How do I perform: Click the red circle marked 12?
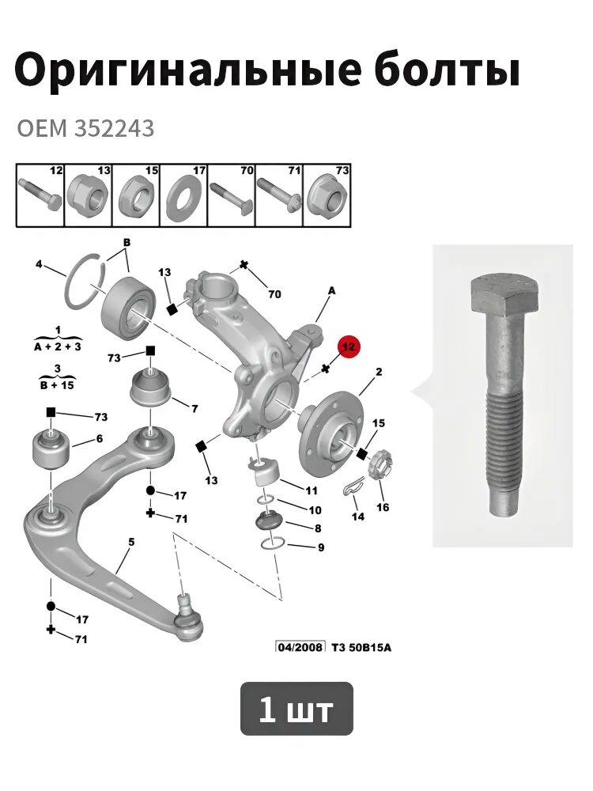[x=349, y=346]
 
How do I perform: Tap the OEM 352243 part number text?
[x=85, y=130]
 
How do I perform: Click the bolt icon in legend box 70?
[x=232, y=197]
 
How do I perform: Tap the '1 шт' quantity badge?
[x=296, y=709]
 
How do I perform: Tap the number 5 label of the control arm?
[x=131, y=543]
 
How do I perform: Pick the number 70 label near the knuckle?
[x=274, y=294]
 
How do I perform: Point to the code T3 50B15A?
[x=361, y=647]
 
